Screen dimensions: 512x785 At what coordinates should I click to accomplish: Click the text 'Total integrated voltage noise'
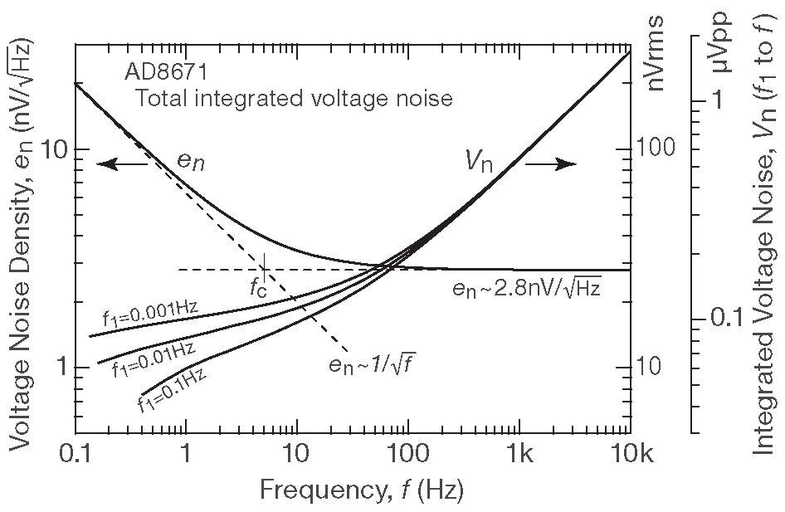[x=294, y=99]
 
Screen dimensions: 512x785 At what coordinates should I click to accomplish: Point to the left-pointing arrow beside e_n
[x=122, y=163]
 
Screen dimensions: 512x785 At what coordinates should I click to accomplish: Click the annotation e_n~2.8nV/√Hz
[x=526, y=289]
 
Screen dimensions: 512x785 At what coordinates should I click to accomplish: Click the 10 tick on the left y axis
[x=55, y=149]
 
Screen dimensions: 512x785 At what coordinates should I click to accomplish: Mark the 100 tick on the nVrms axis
[x=657, y=149]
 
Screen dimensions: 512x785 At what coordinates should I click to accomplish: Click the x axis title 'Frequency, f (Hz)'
[x=362, y=490]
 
